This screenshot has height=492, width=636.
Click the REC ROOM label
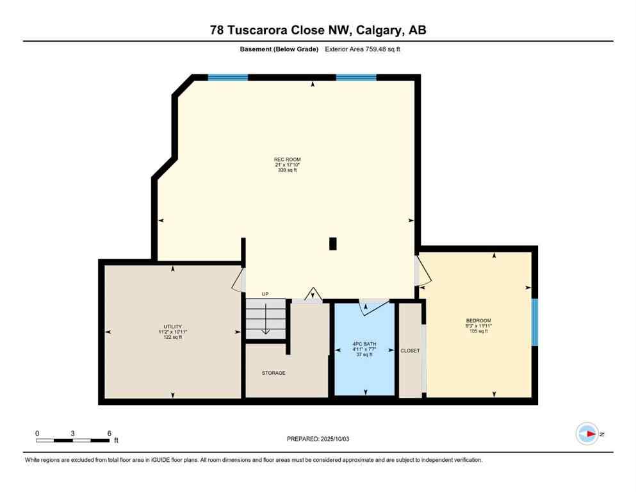point(287,160)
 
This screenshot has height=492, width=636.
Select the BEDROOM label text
point(478,320)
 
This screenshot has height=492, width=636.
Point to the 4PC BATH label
point(364,345)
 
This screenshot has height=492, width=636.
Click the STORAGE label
point(273,373)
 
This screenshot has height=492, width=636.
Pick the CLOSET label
point(410,351)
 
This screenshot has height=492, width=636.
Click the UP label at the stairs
point(265,294)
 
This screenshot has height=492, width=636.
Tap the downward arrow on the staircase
point(265,324)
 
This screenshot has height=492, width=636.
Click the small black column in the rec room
point(332,243)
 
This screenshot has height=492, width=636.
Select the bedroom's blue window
point(535,322)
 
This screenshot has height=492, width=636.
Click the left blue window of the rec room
point(227,78)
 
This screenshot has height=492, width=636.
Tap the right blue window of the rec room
point(356,78)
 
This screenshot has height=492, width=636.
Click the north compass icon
point(587,434)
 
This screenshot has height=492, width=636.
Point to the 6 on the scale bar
point(109,433)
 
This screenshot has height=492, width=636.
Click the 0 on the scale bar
point(37,433)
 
